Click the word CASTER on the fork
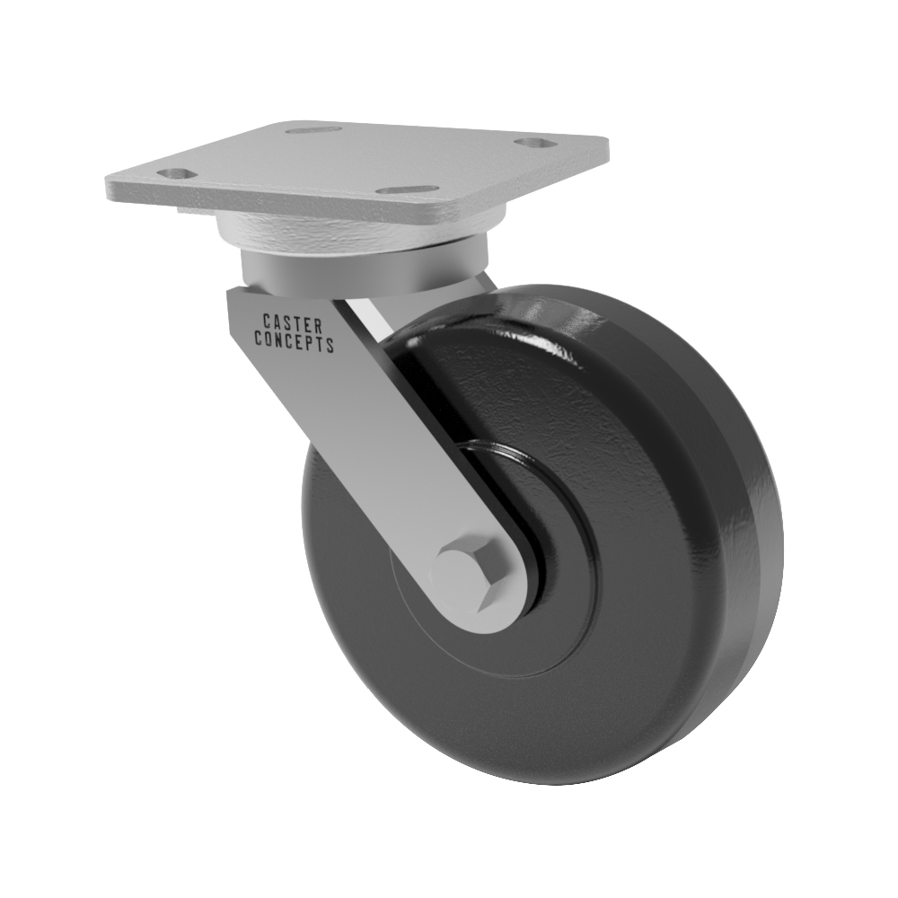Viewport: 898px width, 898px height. click(292, 323)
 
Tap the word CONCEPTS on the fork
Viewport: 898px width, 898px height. click(295, 341)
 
